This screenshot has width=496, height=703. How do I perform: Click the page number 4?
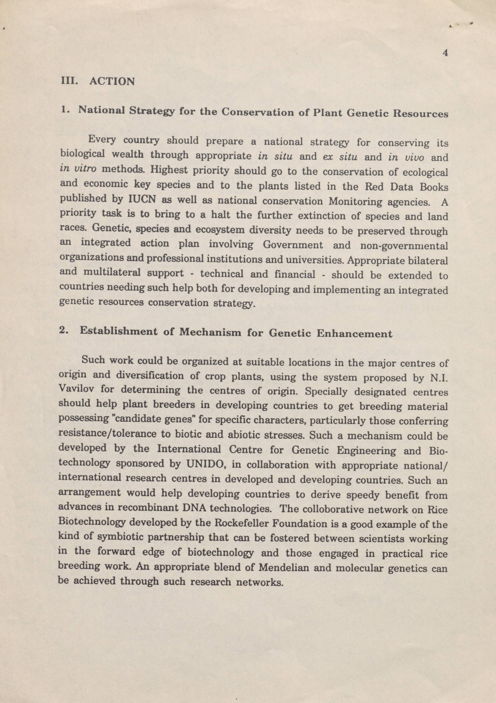click(445, 53)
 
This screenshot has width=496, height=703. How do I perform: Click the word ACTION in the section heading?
click(112, 81)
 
